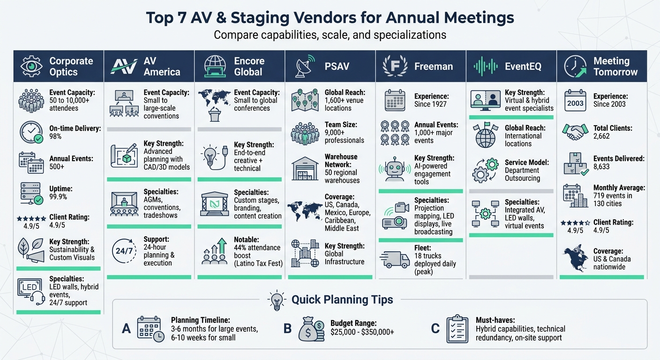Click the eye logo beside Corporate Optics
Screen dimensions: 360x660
[31, 67]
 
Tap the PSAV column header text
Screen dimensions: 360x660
[337, 67]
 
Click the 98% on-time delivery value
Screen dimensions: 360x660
[56, 136]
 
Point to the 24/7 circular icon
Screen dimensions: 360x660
[124, 251]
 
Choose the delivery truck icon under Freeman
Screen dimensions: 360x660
[395, 259]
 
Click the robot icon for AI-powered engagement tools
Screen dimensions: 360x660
[395, 170]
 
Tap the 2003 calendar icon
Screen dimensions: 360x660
[575, 101]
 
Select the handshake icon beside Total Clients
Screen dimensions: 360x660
[575, 132]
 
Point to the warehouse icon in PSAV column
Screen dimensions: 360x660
[305, 169]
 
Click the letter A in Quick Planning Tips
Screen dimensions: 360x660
[126, 329]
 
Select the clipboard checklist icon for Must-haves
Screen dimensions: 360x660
[457, 329]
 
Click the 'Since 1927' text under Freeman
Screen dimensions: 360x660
[430, 104]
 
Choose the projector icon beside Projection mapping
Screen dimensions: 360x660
[395, 216]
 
